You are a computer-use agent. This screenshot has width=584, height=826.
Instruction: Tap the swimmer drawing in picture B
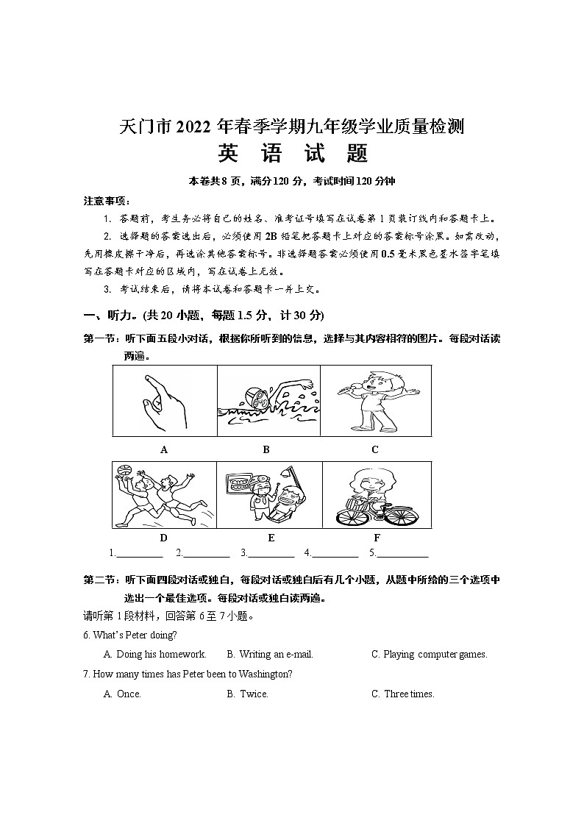[x=268, y=402]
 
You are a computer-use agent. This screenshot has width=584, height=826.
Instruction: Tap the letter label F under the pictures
[x=377, y=538]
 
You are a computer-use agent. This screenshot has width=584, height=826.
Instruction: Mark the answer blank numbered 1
[x=140, y=553]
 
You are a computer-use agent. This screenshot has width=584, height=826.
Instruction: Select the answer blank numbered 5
[x=402, y=553]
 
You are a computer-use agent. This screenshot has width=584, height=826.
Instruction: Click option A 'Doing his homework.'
[x=154, y=654]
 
